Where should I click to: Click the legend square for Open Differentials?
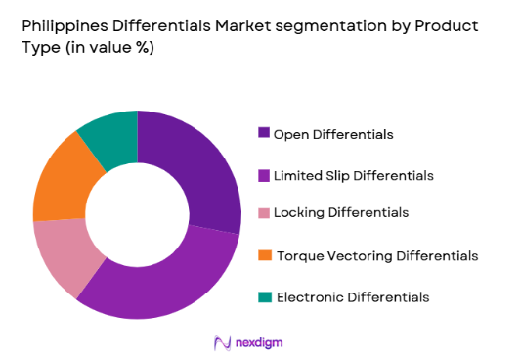click(263, 132)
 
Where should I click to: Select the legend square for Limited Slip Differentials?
click(263, 175)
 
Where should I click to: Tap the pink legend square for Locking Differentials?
click(263, 212)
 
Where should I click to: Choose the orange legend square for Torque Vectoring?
click(263, 255)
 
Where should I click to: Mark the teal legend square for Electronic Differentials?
click(263, 296)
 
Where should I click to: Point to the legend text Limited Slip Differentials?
click(366, 176)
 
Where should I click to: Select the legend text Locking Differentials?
click(341, 212)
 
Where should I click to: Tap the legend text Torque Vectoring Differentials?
click(377, 255)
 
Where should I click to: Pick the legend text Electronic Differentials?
click(352, 296)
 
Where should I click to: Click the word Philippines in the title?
click(65, 26)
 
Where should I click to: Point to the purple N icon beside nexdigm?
click(222, 342)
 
